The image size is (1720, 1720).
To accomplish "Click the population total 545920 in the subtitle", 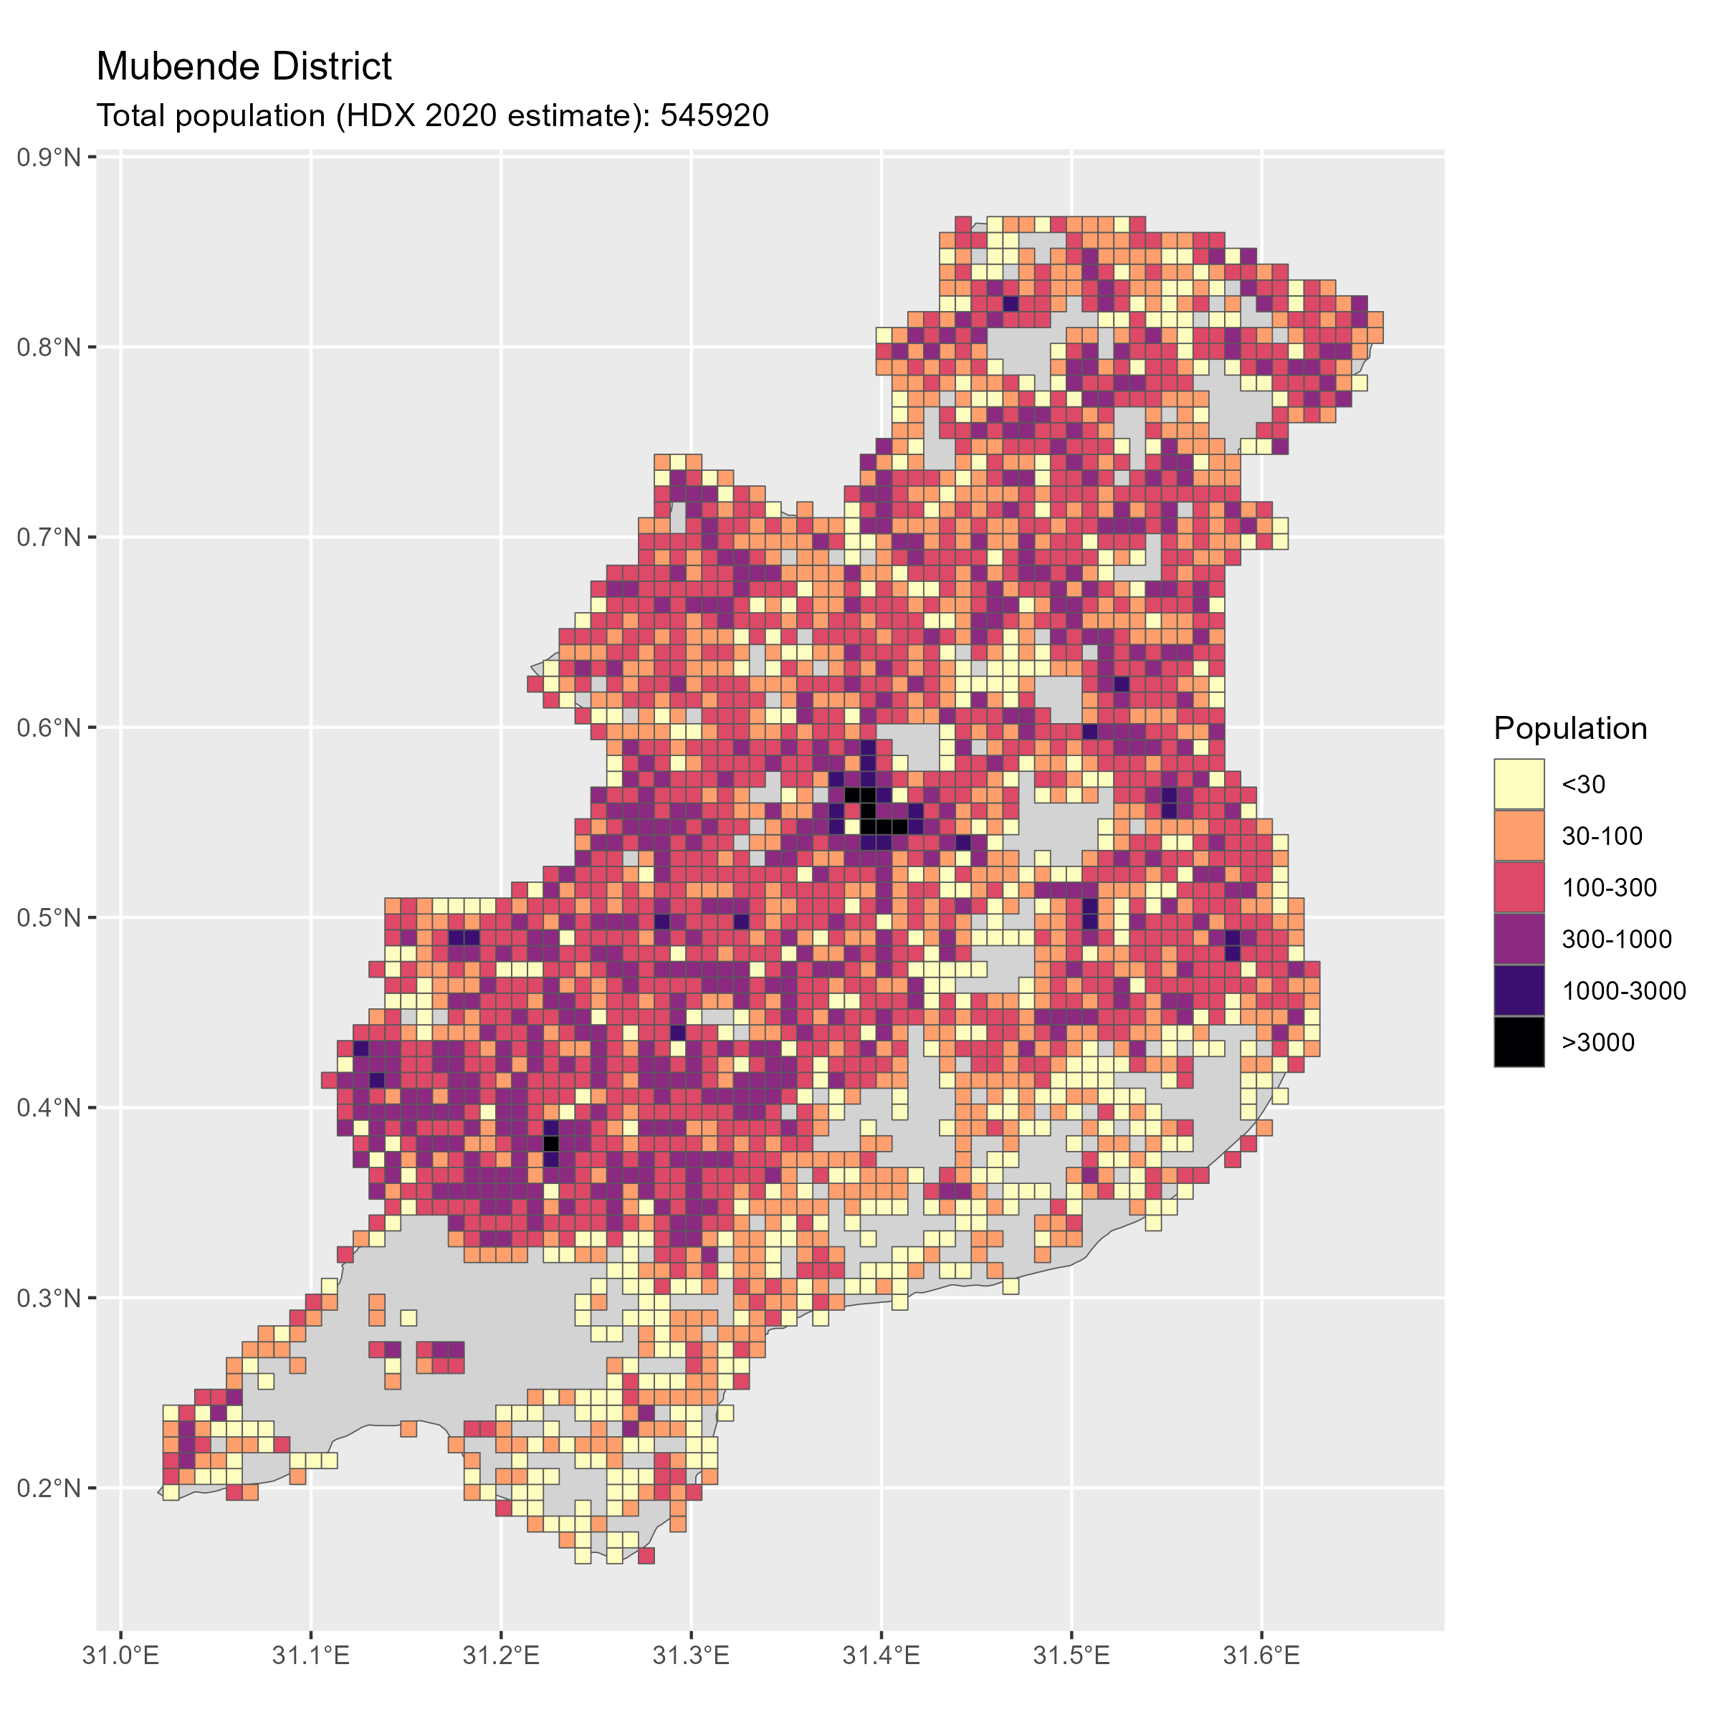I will click(x=714, y=115).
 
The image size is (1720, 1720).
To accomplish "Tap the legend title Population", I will click(x=1570, y=728).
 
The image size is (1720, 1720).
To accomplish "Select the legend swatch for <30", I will click(x=1519, y=784).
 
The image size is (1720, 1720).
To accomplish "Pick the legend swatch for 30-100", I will click(x=1519, y=836).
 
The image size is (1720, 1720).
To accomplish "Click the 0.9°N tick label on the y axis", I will click(x=49, y=158).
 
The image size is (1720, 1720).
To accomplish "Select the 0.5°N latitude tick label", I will click(x=49, y=918).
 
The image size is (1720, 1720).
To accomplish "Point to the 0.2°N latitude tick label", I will click(x=49, y=1489).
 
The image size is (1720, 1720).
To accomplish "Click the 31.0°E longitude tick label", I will click(x=120, y=1657).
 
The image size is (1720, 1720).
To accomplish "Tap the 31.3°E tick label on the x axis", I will click(x=691, y=1657).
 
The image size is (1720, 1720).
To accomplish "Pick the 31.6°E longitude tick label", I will click(x=1261, y=1657).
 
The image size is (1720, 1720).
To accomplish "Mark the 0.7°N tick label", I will click(x=49, y=537).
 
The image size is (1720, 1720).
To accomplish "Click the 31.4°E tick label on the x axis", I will click(x=881, y=1657).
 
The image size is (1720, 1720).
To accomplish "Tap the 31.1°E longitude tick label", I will click(x=311, y=1657).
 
